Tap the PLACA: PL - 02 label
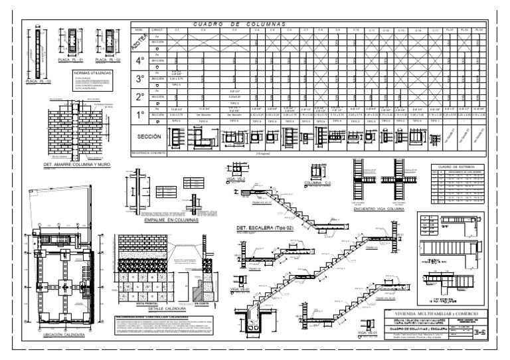[x=109, y=60]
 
